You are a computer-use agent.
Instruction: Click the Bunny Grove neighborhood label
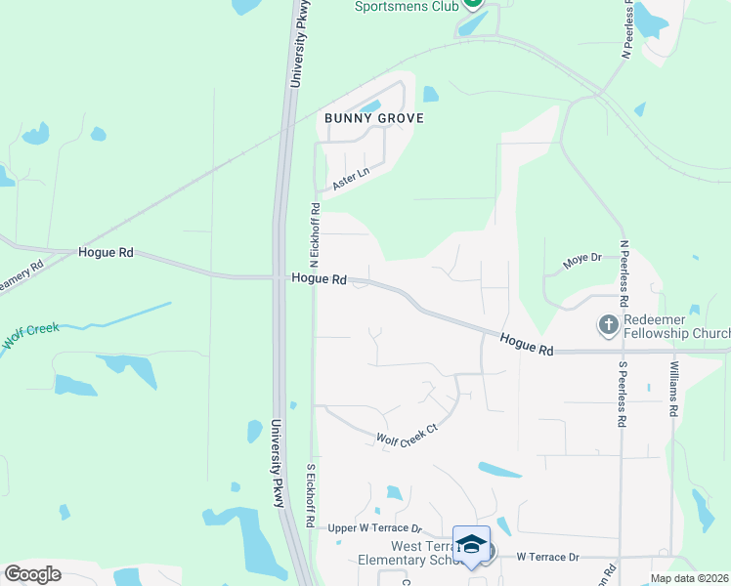[x=373, y=118]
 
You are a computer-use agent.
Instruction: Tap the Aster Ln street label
[x=351, y=179]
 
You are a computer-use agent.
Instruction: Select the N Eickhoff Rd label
[x=315, y=234]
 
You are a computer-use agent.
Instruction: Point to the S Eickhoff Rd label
[x=311, y=495]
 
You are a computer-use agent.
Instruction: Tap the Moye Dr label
[x=581, y=261]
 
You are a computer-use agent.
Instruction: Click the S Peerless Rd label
[x=622, y=395]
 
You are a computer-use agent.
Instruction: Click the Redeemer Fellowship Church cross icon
[x=609, y=323]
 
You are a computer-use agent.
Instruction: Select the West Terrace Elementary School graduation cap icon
[x=471, y=544]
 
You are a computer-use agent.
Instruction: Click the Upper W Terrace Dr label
[x=374, y=527]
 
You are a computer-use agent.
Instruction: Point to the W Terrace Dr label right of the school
[x=547, y=557]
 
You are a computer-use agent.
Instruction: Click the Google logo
[x=32, y=574]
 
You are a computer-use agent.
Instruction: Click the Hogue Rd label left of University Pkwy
[x=106, y=252]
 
